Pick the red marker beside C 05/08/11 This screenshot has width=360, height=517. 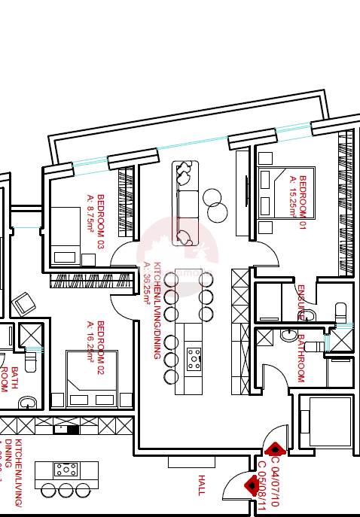pyautogui.click(x=251, y=485)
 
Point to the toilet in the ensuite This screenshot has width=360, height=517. pyautogui.click(x=340, y=312)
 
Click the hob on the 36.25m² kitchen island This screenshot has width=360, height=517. pyautogui.click(x=194, y=357)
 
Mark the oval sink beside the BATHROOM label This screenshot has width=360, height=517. pyautogui.click(x=288, y=335)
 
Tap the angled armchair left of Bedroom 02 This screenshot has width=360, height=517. pyautogui.click(x=23, y=304)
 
